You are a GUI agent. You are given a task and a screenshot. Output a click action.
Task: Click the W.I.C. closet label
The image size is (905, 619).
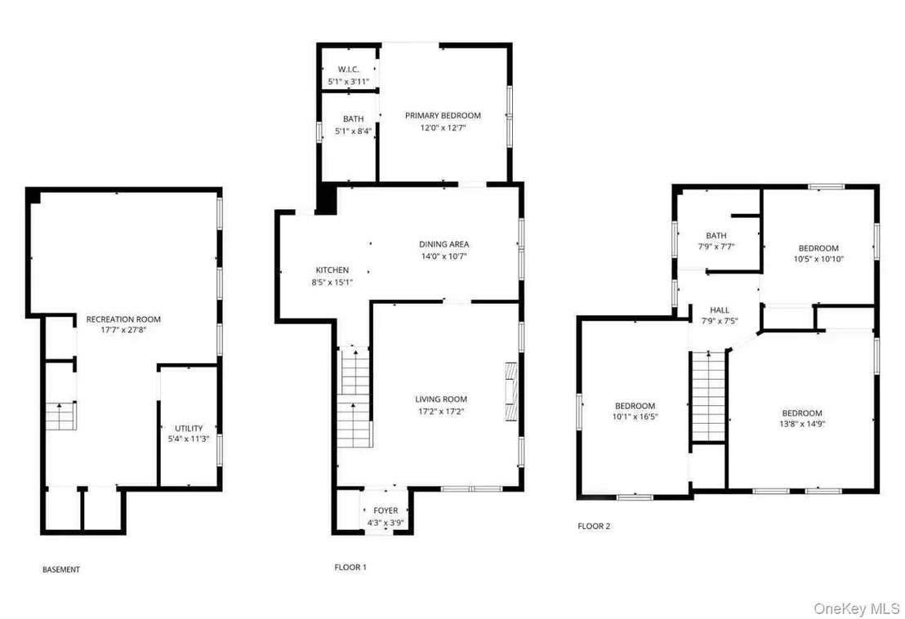(348, 69)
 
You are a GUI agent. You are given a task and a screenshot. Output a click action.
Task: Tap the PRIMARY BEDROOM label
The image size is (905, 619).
(443, 115)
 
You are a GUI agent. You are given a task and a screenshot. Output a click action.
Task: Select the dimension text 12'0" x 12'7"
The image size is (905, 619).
(443, 128)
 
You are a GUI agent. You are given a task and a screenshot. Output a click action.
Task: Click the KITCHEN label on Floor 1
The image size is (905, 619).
(332, 270)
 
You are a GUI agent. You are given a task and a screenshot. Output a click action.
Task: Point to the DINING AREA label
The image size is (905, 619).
(444, 244)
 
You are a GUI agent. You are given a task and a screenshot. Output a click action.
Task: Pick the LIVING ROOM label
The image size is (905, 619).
(441, 399)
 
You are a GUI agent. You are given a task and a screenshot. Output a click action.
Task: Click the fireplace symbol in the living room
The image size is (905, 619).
(511, 392)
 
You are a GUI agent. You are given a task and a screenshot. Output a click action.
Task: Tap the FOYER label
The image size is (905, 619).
(386, 510)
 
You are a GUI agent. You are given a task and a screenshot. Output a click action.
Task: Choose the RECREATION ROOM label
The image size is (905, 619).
(123, 319)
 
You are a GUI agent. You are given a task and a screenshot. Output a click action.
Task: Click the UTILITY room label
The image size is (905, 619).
(189, 428)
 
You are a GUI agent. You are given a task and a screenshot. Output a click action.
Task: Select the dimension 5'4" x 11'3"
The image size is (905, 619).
(189, 439)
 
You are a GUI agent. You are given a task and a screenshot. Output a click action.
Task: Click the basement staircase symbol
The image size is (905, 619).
(60, 416)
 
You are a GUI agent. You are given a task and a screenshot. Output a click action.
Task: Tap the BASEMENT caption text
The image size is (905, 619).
(61, 569)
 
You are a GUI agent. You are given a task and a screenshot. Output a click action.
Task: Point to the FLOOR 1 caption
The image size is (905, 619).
(350, 567)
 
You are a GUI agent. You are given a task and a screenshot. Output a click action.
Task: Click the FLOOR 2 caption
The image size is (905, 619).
(594, 526)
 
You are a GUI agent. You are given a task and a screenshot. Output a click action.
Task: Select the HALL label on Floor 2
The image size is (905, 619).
(720, 309)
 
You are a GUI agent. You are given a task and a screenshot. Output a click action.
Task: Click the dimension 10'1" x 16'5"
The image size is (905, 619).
(635, 416)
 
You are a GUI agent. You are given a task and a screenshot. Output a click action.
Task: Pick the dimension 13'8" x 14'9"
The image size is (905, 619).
(802, 424)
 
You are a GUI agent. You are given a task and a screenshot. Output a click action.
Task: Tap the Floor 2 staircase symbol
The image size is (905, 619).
(708, 396)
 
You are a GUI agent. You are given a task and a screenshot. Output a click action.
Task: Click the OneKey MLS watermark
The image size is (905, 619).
(857, 608)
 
